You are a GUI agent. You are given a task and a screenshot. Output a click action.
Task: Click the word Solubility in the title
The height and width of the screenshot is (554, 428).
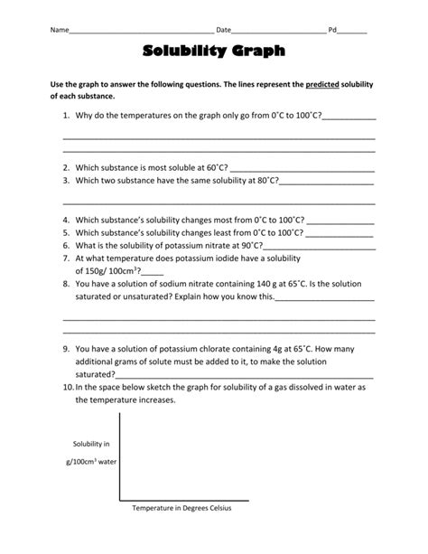coord(183,53)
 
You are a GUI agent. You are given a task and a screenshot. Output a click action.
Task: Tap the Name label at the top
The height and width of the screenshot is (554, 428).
coord(59,30)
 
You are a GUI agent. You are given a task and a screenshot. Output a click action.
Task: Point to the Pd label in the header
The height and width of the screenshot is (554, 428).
coord(332,30)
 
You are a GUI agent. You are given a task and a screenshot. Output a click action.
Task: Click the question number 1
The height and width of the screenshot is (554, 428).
coord(66,117)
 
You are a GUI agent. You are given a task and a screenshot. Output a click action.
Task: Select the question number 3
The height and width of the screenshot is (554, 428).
coord(66,180)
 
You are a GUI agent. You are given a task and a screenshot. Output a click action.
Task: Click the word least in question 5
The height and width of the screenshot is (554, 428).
coord(215,232)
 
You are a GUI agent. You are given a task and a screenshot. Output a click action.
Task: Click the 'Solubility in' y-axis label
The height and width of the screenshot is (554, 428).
coord(91,444)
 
